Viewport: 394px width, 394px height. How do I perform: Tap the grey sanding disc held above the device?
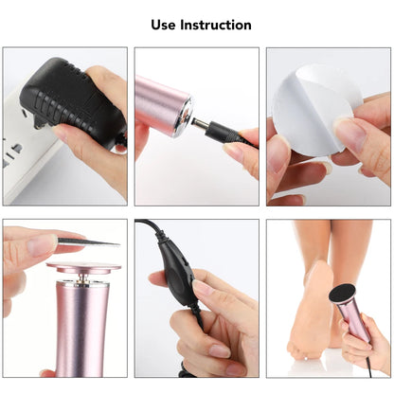(x=86, y=243)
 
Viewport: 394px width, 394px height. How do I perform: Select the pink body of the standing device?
(x=82, y=327)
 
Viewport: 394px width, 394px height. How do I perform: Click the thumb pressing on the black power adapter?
(x=71, y=133)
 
